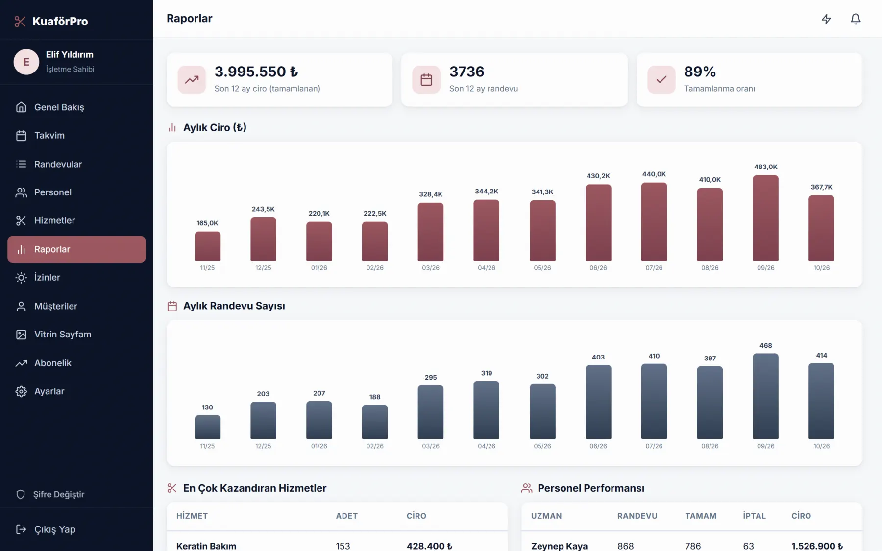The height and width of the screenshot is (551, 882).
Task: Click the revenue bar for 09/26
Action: tap(765, 218)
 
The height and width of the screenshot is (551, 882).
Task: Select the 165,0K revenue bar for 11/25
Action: tap(207, 246)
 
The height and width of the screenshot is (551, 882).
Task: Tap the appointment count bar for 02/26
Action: tap(375, 422)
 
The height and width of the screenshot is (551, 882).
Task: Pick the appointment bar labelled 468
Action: tap(765, 396)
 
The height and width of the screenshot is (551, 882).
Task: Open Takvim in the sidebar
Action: tap(49, 135)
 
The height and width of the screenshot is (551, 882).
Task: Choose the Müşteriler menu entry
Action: tap(55, 306)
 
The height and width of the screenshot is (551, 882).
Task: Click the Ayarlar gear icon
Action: tap(21, 391)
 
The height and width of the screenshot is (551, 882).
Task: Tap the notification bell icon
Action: tap(856, 19)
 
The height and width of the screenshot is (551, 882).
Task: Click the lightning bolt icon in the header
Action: tap(826, 19)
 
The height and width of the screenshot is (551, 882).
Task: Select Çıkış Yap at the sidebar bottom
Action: tap(54, 529)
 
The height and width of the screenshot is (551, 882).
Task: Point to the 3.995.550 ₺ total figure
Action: tap(256, 72)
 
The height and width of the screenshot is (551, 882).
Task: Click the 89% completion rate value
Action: tap(700, 72)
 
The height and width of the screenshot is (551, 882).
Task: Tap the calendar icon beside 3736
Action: tap(426, 79)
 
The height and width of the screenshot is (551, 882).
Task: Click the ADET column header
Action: tap(346, 516)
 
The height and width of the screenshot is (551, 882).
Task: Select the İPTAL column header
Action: tap(754, 516)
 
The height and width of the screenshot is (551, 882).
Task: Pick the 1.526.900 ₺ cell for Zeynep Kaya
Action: tap(817, 546)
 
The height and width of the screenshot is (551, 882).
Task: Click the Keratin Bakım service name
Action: tap(206, 546)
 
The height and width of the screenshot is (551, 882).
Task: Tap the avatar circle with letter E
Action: tap(26, 62)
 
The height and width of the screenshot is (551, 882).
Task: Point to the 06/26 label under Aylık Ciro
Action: tap(598, 268)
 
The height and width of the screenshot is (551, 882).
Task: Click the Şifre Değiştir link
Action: tap(58, 494)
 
